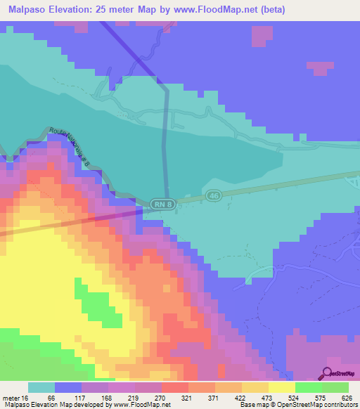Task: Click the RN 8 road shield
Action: (x=161, y=203)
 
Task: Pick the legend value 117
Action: (x=91, y=398)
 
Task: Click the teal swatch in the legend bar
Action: (x=41, y=387)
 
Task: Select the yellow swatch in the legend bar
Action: (x=281, y=387)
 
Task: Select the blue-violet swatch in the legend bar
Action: (x=68, y=387)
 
